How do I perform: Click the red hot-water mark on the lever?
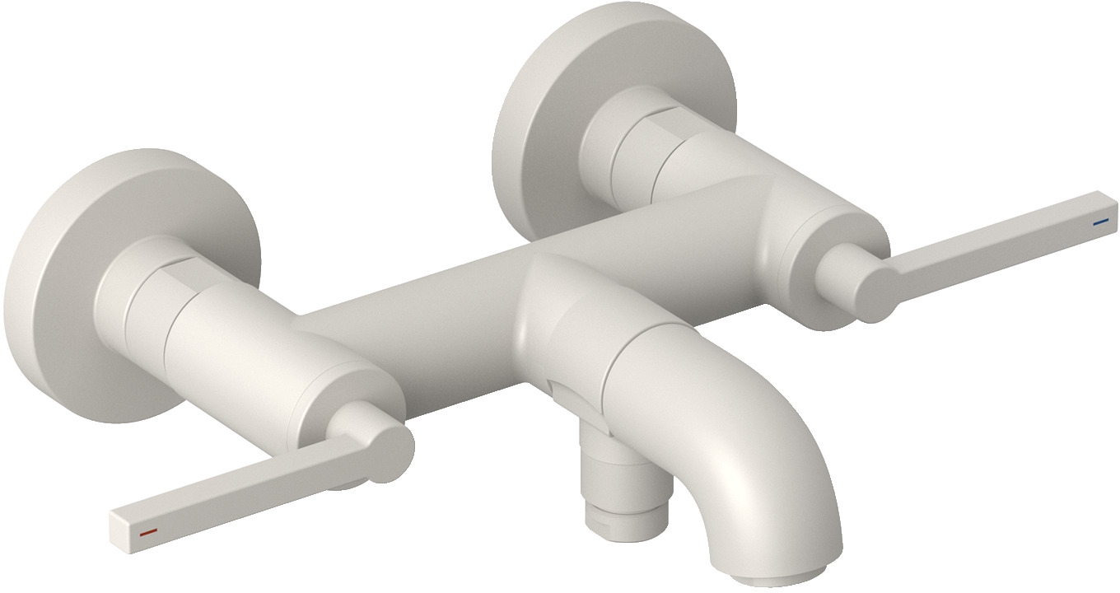[148, 533]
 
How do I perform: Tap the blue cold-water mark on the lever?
[1099, 222]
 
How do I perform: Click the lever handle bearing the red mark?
[247, 486]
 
